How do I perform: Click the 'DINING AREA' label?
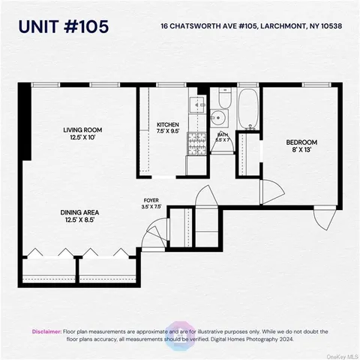pyautogui.click(x=80, y=212)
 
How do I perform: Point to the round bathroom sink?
pyautogui.click(x=217, y=117)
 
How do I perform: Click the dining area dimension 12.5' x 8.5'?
pyautogui.click(x=80, y=220)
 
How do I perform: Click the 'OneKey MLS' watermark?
pyautogui.click(x=340, y=355)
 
